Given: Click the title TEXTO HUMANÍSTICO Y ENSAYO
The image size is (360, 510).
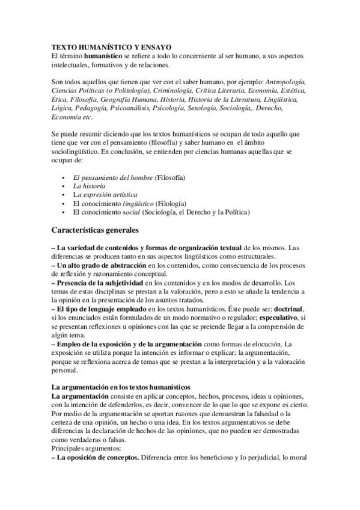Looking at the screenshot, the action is [111, 46].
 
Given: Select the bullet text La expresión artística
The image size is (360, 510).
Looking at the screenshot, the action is [105, 195].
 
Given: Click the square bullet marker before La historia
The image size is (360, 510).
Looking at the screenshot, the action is [63, 187].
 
